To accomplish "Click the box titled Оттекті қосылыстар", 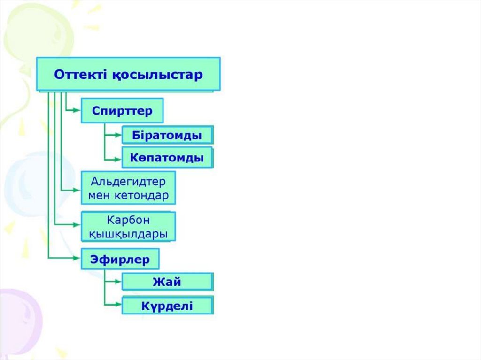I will click(x=128, y=74).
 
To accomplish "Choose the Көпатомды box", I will click(x=167, y=158).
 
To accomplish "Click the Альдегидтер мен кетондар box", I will click(x=128, y=188).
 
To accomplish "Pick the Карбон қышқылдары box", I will click(x=128, y=227).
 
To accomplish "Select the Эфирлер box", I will click(x=120, y=259).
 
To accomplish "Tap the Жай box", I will click(x=167, y=282).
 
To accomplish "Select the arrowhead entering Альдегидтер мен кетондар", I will click(x=77, y=190).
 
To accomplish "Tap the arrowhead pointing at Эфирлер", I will click(x=77, y=258).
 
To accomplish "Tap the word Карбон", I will click(x=128, y=220).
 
